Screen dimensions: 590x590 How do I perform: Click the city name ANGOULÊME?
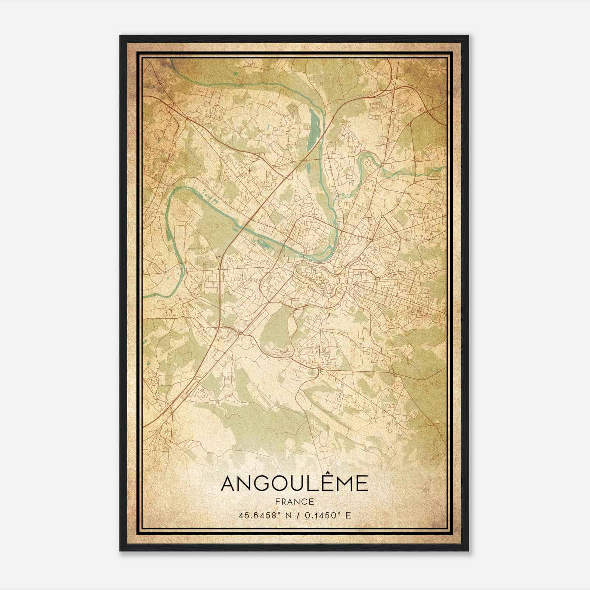click(x=294, y=483)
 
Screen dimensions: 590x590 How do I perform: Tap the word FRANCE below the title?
click(x=294, y=502)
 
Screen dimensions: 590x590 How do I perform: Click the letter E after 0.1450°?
click(x=348, y=515)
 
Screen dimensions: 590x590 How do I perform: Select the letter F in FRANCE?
click(x=278, y=502)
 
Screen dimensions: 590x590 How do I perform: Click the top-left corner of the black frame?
click(x=121, y=36)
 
